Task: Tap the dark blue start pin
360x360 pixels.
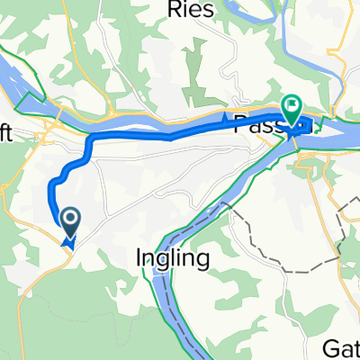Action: [69, 219]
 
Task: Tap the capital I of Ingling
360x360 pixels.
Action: [139, 258]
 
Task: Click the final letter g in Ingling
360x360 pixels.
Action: [205, 262]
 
